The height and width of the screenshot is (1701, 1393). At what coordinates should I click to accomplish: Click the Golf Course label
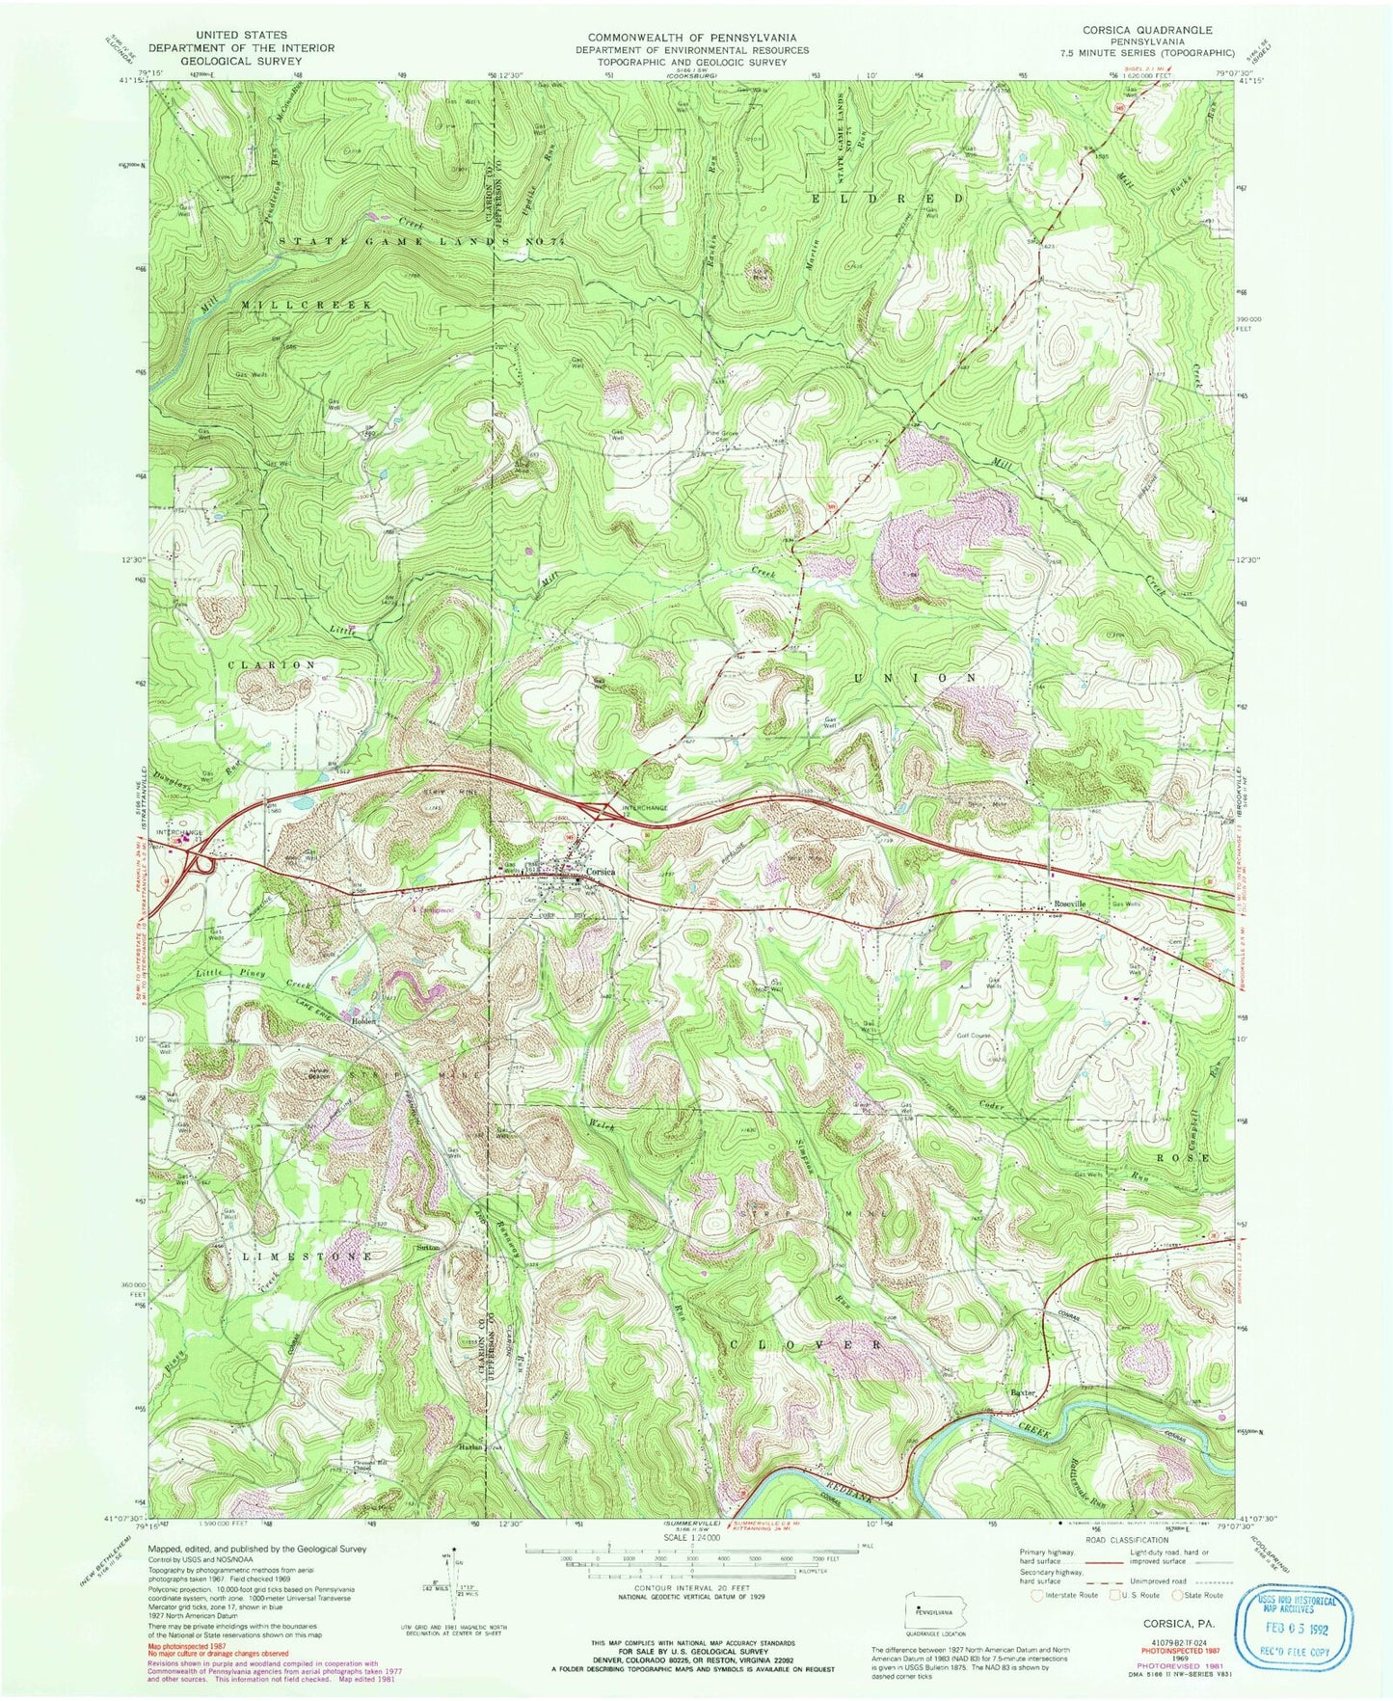(x=974, y=1036)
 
